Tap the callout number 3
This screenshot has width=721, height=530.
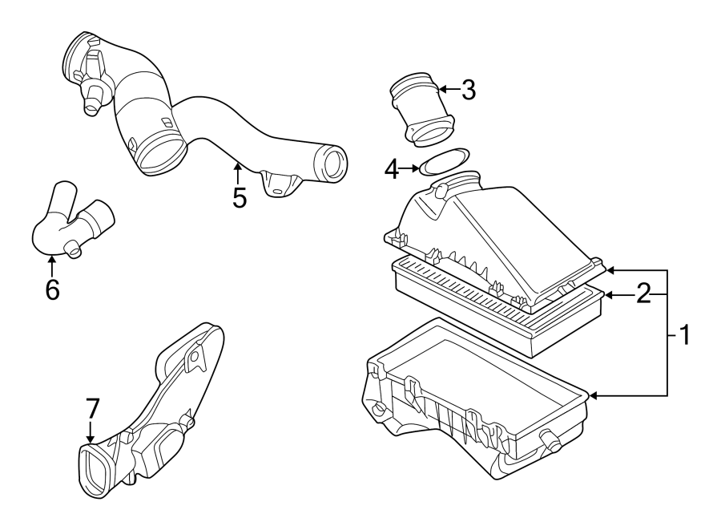468,90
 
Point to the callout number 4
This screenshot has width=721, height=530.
391,168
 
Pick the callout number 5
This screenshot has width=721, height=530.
239,196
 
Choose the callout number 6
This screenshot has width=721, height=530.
52,289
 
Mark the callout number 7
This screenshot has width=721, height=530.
92,409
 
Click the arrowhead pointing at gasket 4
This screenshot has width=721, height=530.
415,168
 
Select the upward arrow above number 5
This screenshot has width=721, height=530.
237,166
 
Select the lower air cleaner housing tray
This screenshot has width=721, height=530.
473,401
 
